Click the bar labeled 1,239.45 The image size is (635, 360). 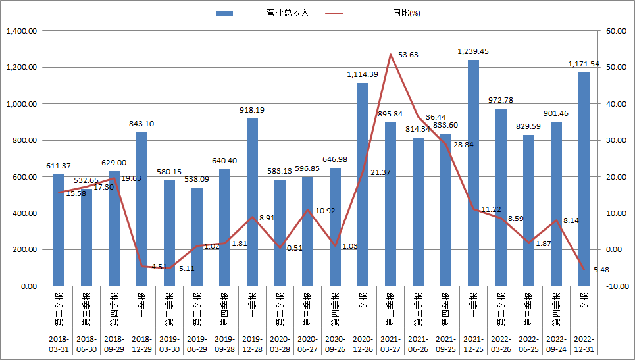[473, 172]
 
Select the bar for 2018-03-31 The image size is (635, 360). [59, 230]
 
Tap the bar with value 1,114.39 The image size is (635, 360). [363, 184]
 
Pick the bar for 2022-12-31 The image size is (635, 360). [584, 179]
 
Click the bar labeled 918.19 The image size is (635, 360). [252, 202]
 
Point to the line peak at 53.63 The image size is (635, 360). [390, 55]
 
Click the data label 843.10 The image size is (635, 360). [141, 124]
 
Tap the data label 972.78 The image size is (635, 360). [501, 100]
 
